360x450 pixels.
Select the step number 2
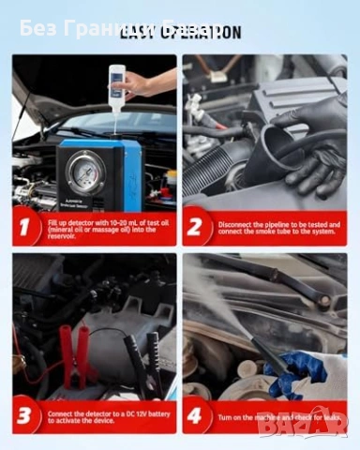click(x=195, y=226)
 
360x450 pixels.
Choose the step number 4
click(x=195, y=416)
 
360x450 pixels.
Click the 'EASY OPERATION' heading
click(x=179, y=33)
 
